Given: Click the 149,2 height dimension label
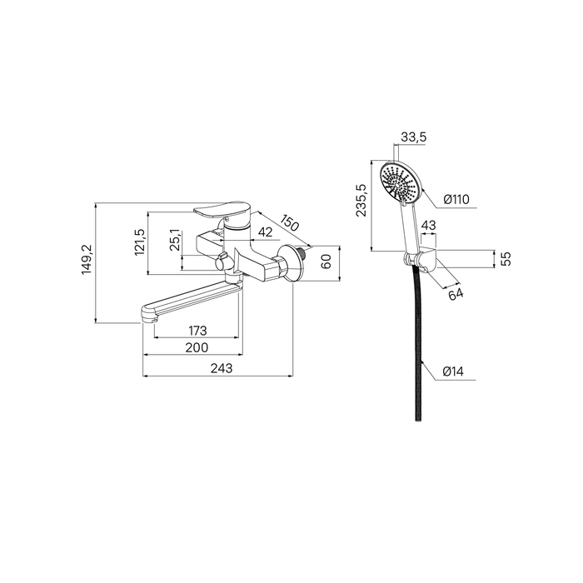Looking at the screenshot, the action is (87, 260).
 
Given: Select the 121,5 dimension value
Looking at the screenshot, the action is (140, 242).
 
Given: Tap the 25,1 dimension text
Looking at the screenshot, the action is (176, 240).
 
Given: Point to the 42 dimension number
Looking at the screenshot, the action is (265, 232).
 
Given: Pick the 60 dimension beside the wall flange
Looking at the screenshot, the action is (326, 262).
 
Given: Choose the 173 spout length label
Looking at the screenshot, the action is (197, 330).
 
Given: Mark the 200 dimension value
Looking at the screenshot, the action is (197, 347).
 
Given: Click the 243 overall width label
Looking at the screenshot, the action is (222, 368).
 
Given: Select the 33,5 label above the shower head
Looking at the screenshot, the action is (413, 137).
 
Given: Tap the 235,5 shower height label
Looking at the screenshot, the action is (361, 200).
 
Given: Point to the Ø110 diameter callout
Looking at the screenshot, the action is (456, 200).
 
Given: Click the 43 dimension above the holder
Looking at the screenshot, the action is (429, 226).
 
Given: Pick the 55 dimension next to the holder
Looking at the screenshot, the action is (506, 258).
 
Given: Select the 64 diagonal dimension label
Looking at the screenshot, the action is (456, 294).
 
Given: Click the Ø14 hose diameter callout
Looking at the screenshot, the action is (453, 371).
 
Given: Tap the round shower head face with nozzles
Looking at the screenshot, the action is (401, 182).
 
